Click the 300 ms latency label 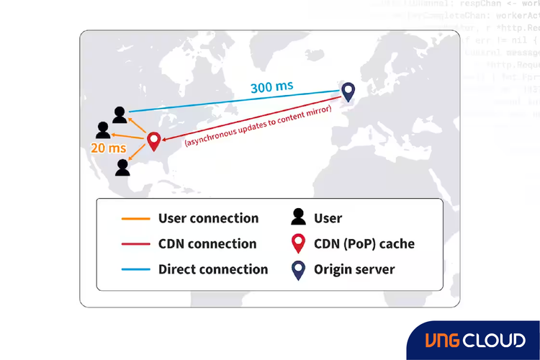click(271, 87)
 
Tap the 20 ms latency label click(109, 148)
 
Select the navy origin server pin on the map click(348, 91)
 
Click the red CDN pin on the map click(154, 141)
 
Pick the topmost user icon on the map click(120, 114)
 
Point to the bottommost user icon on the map click(122, 167)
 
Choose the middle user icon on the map click(103, 130)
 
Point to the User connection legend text click(208, 218)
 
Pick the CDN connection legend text click(207, 244)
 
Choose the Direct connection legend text click(213, 269)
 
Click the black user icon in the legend click(296, 217)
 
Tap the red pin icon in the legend click(297, 244)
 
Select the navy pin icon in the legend click(297, 270)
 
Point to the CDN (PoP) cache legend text click(364, 244)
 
